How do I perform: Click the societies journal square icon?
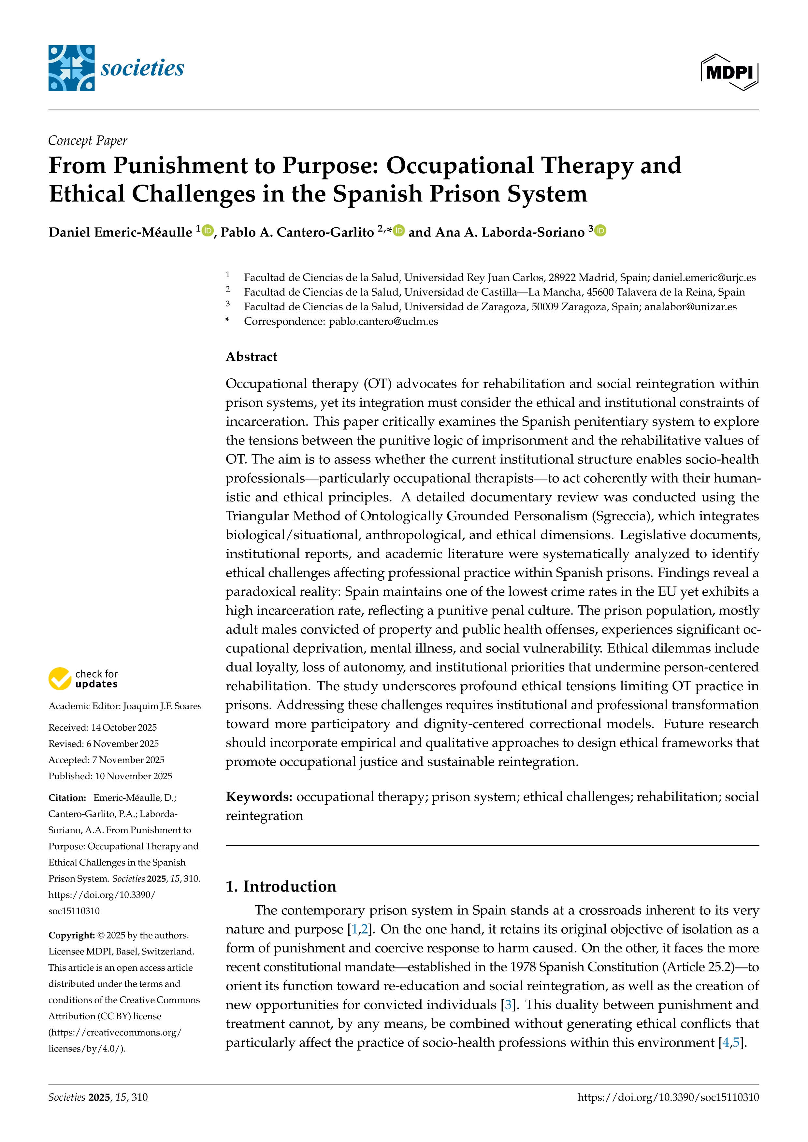tap(71, 68)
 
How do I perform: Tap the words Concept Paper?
tap(88, 141)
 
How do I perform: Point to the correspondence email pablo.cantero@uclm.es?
tap(383, 321)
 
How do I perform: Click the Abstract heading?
tap(251, 357)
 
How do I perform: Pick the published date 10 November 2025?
tap(134, 776)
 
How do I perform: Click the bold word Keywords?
tap(259, 797)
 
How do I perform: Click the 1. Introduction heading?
tap(281, 886)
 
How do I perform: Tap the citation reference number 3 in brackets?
tap(508, 1005)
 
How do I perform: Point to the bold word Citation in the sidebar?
tap(67, 798)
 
